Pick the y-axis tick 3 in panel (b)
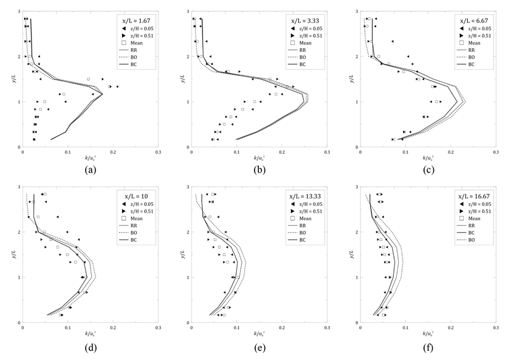click(x=187, y=12)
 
